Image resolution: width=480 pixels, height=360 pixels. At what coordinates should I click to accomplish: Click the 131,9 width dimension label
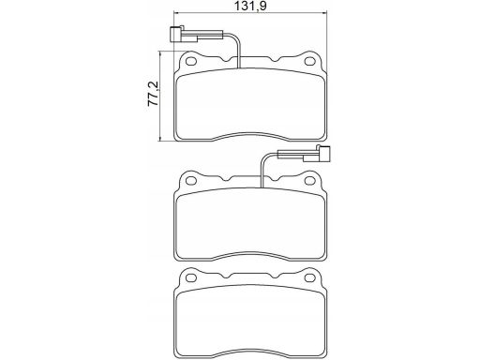point(250,6)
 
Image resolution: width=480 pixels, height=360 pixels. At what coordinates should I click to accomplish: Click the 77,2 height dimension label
point(154,94)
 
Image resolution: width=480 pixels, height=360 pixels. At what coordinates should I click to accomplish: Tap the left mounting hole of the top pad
point(191,61)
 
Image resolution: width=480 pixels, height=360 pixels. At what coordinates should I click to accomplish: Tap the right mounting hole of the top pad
point(310,61)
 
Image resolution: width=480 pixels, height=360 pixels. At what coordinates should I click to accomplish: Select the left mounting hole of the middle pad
point(191,181)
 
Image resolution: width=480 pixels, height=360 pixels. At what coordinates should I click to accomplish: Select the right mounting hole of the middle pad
point(310,181)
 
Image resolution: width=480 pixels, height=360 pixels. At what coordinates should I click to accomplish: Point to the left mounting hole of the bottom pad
point(191,277)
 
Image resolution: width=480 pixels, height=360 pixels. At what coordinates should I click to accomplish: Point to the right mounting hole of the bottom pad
point(310,277)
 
